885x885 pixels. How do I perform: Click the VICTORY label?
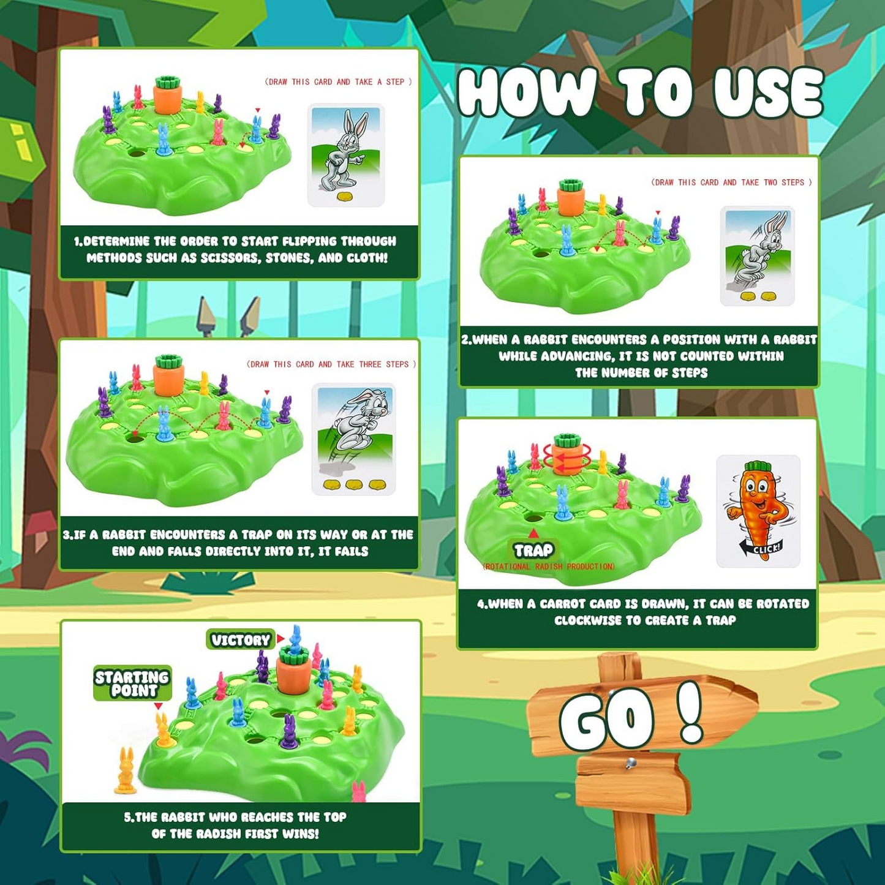coord(241,639)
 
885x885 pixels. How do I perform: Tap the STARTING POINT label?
coord(133,684)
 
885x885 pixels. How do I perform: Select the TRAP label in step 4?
coord(533,550)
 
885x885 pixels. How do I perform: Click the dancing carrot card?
coord(758,511)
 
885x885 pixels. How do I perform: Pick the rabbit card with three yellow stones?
coord(353,439)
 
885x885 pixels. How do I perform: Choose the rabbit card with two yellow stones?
coord(758,256)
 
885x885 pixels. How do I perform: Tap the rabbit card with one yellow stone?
coord(346,155)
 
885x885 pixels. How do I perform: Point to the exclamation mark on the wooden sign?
coord(690,711)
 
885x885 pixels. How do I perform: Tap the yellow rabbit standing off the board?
coord(126,770)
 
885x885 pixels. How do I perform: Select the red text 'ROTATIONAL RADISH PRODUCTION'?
coord(549,567)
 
